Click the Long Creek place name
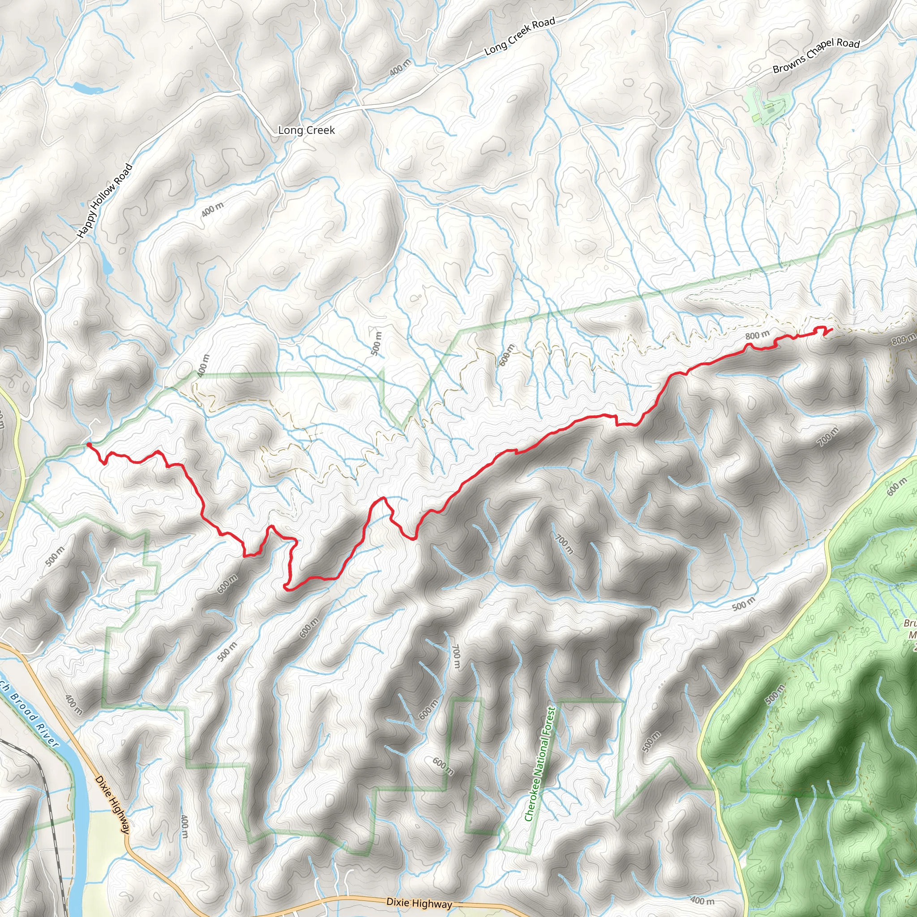(306, 130)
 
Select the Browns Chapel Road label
(816, 55)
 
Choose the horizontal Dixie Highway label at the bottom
(419, 903)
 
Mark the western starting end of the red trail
(89, 445)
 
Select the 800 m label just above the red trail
(757, 335)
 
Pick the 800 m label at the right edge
(903, 340)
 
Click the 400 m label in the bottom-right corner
(702, 900)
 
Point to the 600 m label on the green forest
(896, 487)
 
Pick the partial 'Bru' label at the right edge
(910, 623)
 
